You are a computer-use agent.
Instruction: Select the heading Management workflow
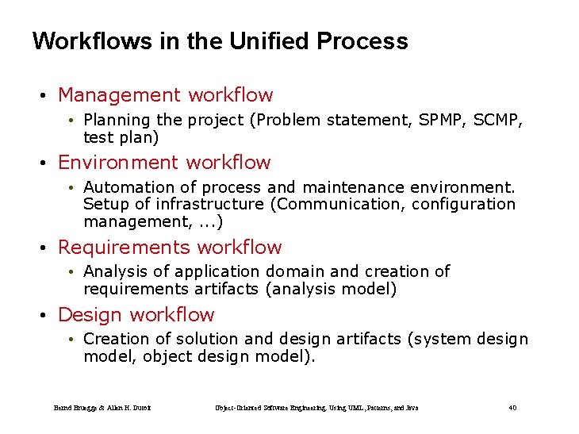pyautogui.click(x=165, y=95)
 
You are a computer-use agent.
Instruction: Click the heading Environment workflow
pyautogui.click(x=164, y=163)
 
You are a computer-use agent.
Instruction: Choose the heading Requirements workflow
pyautogui.click(x=170, y=248)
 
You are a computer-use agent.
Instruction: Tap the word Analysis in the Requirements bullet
pyautogui.click(x=114, y=272)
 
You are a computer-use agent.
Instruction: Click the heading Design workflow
pyautogui.click(x=136, y=315)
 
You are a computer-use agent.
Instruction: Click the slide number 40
pyautogui.click(x=512, y=408)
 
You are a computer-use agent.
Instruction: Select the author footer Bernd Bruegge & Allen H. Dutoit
pyautogui.click(x=102, y=408)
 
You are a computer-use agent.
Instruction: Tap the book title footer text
pyautogui.click(x=316, y=408)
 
